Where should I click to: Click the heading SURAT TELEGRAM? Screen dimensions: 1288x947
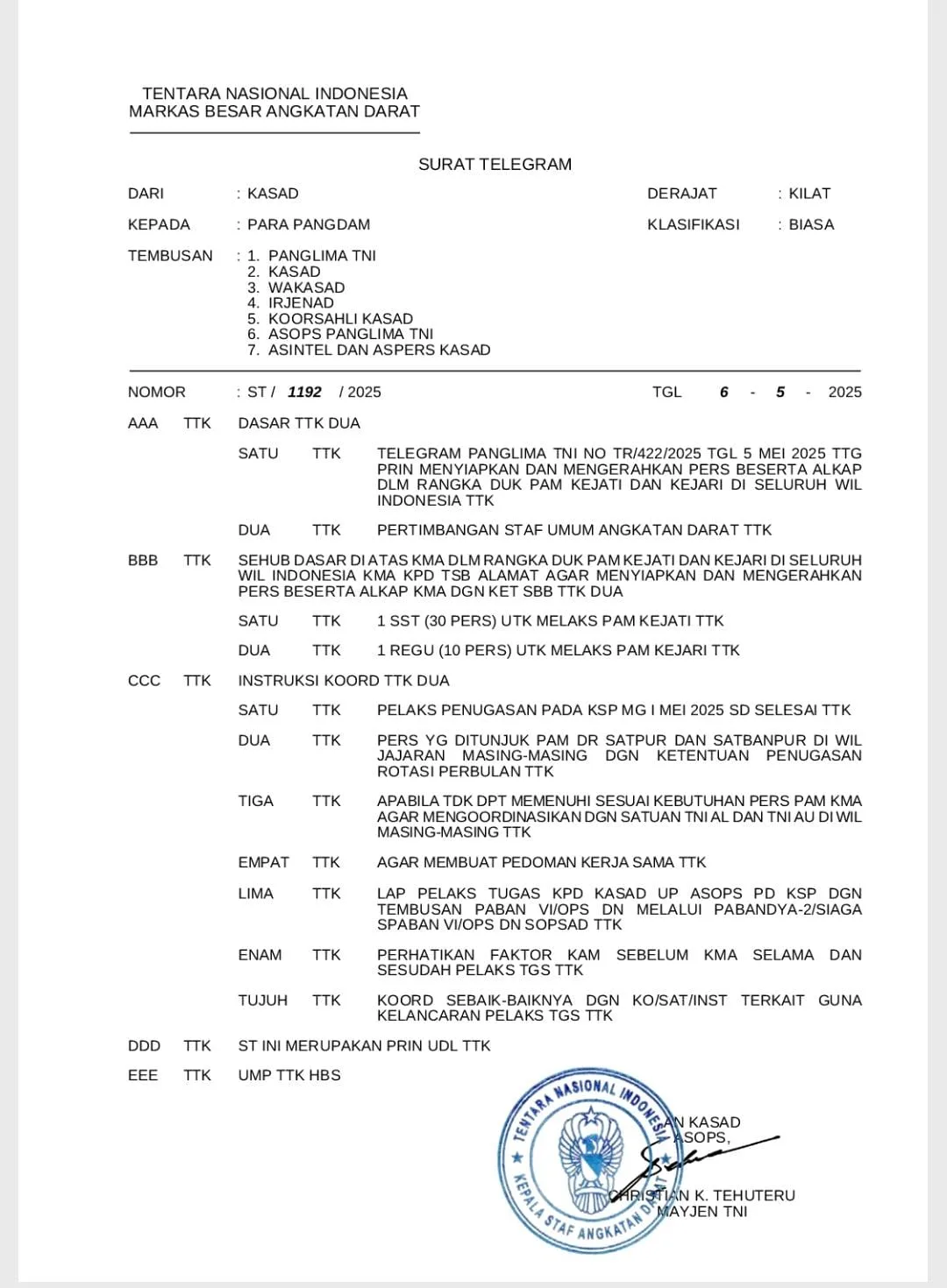[x=495, y=165]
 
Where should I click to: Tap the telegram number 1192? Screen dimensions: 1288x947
[x=304, y=393]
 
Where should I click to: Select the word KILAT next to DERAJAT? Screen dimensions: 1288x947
[x=808, y=194]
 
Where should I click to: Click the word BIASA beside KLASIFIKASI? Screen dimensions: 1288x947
[x=811, y=225]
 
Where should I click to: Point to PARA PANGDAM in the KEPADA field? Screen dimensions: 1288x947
[x=309, y=225]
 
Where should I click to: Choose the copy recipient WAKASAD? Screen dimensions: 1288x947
[x=306, y=287]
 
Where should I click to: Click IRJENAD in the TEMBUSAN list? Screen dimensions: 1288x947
[x=301, y=303]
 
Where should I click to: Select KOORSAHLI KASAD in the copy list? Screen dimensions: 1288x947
[x=340, y=319]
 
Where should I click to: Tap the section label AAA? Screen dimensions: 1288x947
[x=143, y=423]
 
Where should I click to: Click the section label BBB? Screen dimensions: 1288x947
[x=143, y=560]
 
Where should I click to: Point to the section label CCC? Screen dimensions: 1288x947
[x=144, y=681]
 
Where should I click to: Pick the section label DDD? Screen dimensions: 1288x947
[x=144, y=1046]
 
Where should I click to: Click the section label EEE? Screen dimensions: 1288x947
[x=143, y=1076]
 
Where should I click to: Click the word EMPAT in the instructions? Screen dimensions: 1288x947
[x=263, y=863]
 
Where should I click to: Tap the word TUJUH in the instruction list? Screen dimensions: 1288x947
[x=262, y=1001]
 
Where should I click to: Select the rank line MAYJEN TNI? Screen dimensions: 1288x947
[x=702, y=1212]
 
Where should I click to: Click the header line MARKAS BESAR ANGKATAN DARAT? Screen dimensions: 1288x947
[x=274, y=112]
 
